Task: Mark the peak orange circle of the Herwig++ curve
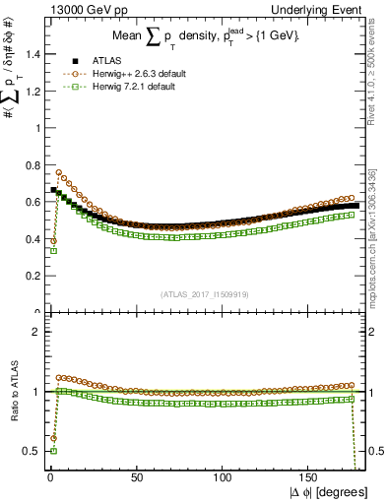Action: (59, 172)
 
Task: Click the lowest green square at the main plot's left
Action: (53, 250)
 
